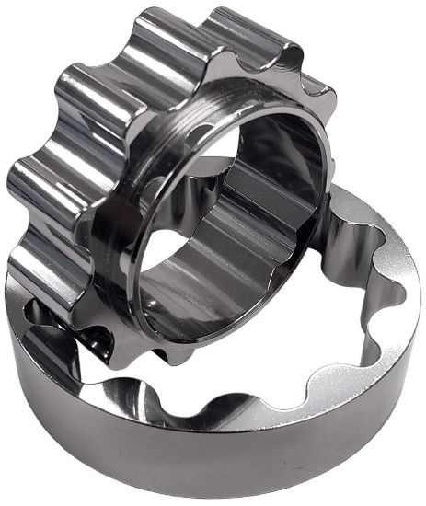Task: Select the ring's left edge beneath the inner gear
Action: tap(18, 304)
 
